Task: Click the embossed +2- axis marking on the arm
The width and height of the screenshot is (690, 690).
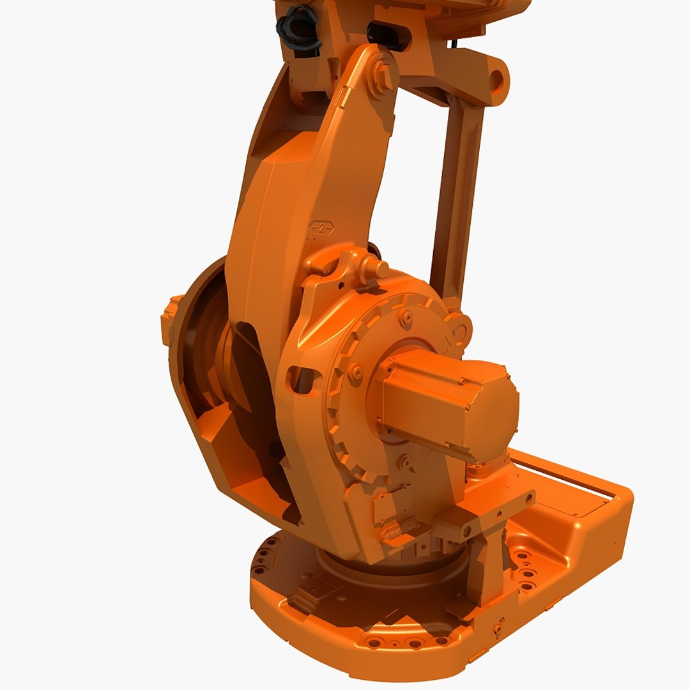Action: [x=321, y=228]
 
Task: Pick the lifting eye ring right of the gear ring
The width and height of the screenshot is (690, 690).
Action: [x=460, y=330]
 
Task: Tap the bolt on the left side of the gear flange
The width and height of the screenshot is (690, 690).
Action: [x=356, y=371]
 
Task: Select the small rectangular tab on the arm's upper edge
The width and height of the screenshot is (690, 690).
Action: [x=344, y=96]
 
